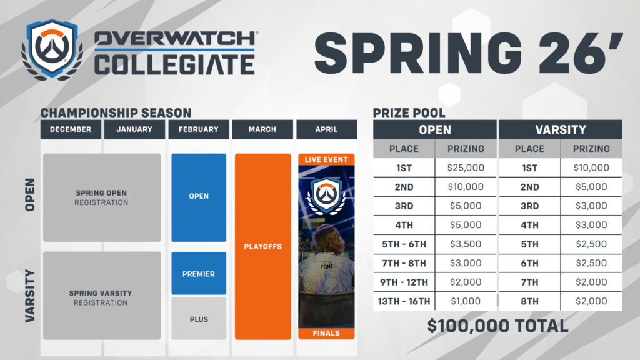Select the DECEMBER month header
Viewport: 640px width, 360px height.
[x=71, y=129]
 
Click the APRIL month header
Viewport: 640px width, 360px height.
[x=326, y=129]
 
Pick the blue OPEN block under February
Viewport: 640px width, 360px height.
[x=199, y=197]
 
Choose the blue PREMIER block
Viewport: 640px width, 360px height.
[x=199, y=274]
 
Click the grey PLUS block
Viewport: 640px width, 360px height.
[x=199, y=319]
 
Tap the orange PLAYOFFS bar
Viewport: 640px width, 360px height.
[x=263, y=246]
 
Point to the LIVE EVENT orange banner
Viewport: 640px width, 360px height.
[x=326, y=159]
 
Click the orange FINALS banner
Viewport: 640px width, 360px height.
[x=326, y=333]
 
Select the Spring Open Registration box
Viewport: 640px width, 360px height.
[x=102, y=197]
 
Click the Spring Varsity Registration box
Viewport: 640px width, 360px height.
[x=102, y=297]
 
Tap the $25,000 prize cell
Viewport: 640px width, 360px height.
[x=466, y=167]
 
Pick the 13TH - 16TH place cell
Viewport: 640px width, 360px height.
[x=404, y=301]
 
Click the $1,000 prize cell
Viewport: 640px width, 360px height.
[x=466, y=301]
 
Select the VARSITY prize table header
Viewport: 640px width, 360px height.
[x=561, y=130]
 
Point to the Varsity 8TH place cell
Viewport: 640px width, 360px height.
[x=529, y=301]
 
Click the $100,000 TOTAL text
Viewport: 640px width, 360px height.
[x=497, y=326]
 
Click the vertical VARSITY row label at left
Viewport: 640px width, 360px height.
[x=29, y=296]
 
